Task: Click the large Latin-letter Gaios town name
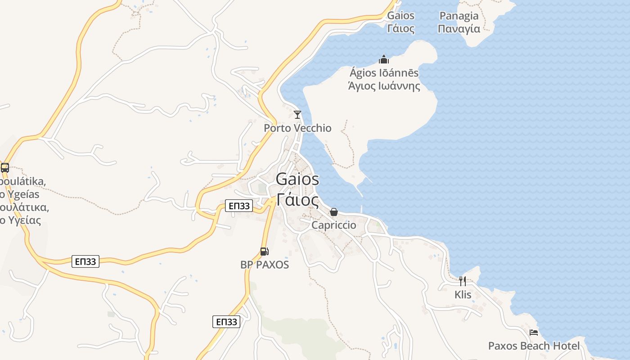[297, 179]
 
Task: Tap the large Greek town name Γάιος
[297, 199]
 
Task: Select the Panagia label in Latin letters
[459, 16]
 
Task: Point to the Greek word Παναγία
[459, 29]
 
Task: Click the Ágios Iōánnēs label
[384, 73]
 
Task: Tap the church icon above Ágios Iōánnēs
[384, 59]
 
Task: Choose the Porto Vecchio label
[297, 128]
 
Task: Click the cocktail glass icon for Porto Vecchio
[297, 115]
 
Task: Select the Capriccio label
[334, 225]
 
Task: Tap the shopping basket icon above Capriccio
[334, 211]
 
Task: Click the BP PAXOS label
[265, 265]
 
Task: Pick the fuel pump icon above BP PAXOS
[265, 252]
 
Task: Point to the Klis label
[463, 295]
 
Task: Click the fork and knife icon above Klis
[463, 281]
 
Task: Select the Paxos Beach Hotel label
[534, 346]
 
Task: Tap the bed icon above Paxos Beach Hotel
[534, 333]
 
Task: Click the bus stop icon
[5, 168]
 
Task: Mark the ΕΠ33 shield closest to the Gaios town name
[239, 206]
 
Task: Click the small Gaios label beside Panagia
[400, 16]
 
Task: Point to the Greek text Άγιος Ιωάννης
[384, 85]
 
